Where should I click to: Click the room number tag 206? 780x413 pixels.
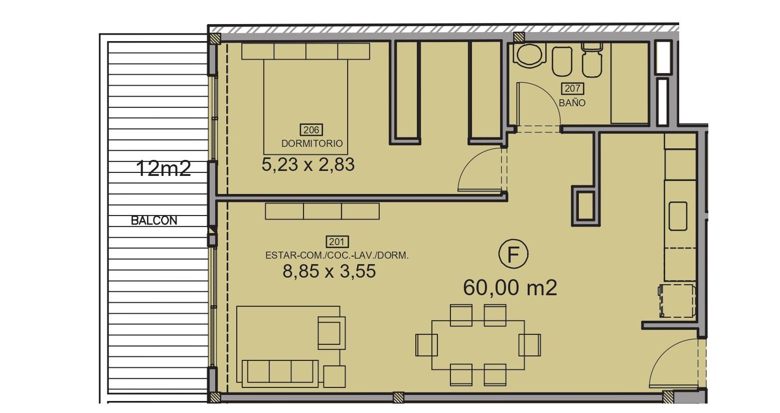[311, 130]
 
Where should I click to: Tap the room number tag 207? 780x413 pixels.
[572, 88]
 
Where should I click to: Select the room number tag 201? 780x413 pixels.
[337, 242]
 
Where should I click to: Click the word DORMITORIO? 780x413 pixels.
[311, 143]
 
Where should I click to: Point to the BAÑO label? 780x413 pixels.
[572, 103]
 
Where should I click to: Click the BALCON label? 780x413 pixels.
[154, 221]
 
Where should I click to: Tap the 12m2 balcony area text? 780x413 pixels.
[164, 168]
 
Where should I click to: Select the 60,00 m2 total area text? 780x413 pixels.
[510, 288]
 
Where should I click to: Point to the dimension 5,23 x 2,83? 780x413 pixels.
[308, 164]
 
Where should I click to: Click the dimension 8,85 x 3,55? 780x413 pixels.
[329, 271]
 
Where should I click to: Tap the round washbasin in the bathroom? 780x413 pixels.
[529, 55]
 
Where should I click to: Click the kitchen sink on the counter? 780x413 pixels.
[678, 216]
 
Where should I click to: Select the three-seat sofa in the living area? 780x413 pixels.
[280, 373]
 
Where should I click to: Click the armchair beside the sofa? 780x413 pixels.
[332, 333]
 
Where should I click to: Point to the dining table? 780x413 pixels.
[478, 345]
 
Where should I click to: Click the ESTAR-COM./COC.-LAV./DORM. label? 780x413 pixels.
[337, 256]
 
